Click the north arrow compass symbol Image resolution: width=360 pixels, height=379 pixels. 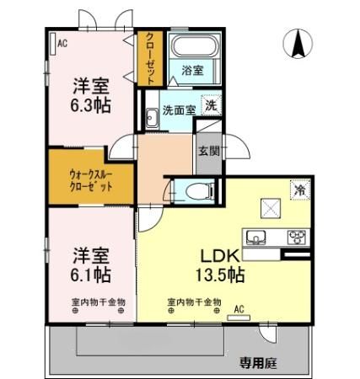tap(298, 44)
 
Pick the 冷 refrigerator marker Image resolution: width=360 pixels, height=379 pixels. tap(298, 189)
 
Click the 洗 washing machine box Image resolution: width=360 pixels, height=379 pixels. tap(211, 107)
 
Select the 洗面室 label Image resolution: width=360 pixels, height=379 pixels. tap(179, 109)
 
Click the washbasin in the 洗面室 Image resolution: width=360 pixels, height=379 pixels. tap(150, 119)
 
